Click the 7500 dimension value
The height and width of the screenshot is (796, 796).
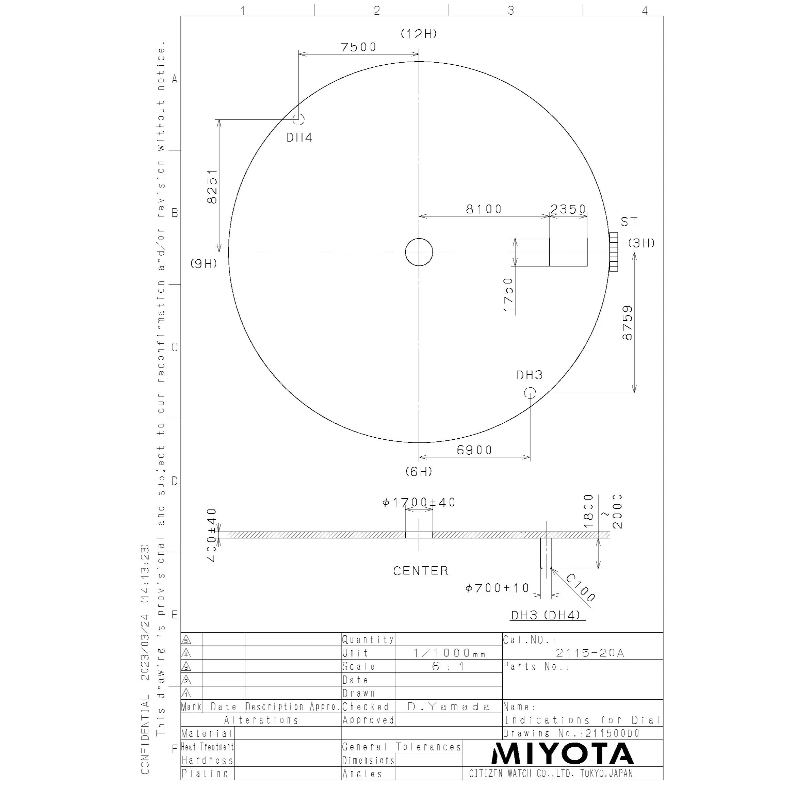point(358,47)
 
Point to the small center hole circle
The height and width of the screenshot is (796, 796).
point(419,239)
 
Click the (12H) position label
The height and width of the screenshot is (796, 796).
point(419,34)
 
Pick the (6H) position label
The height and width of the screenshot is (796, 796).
point(419,471)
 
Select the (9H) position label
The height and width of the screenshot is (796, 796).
point(203,264)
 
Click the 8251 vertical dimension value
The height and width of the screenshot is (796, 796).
point(212,186)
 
